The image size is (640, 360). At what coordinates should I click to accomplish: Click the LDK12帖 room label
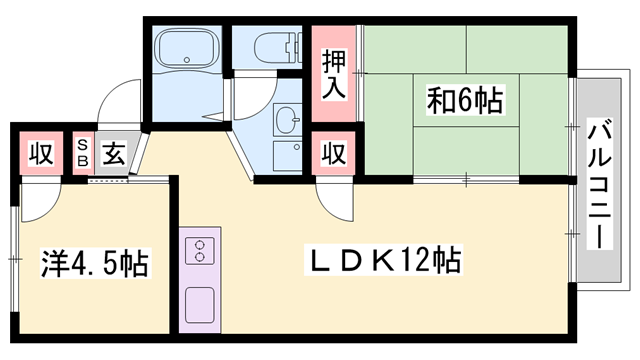coord(383,262)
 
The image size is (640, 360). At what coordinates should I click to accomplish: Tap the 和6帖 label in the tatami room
coord(465,100)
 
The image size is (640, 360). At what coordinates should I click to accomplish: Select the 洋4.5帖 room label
coord(95,265)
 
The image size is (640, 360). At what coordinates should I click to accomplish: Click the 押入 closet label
coord(335,74)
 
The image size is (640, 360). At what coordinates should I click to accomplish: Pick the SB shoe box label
coord(83,155)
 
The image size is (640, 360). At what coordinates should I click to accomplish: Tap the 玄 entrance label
coord(112,155)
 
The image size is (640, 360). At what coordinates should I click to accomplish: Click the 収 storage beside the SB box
coord(39,155)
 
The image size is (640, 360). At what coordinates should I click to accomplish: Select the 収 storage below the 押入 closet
coord(334,155)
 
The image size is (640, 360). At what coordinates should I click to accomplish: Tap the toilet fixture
coord(272,46)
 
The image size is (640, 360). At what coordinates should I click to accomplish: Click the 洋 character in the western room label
coord(55,265)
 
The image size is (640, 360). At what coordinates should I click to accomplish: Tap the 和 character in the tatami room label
coord(441,100)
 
